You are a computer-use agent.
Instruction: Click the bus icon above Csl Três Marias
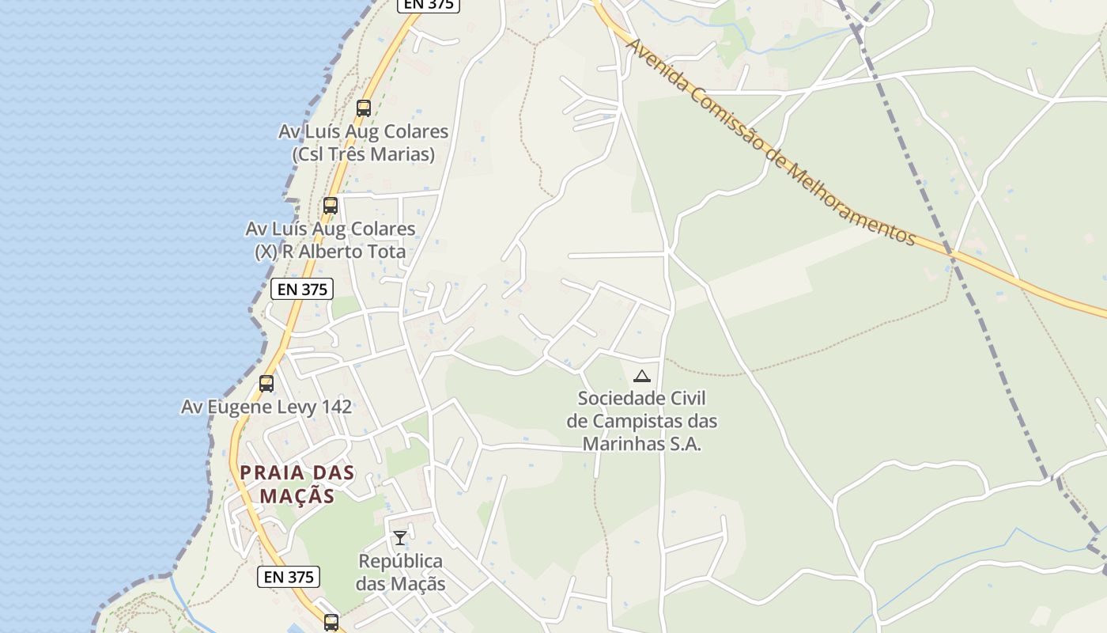pos(364,108)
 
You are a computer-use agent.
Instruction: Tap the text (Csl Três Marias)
pos(363,154)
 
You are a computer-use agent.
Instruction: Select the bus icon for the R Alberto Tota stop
pos(331,206)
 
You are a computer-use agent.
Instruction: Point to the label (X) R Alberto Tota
pos(330,252)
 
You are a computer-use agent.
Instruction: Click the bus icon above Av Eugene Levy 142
pos(266,384)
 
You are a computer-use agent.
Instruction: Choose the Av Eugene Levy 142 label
pos(266,407)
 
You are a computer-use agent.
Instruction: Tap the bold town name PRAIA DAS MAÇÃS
pos(297,484)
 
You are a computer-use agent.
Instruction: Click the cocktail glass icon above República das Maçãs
pos(400,538)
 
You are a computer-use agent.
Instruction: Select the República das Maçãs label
pos(400,573)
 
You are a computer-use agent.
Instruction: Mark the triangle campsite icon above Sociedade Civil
pos(642,377)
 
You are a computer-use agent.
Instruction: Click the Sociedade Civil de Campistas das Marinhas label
pos(642,421)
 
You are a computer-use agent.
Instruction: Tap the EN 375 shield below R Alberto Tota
pos(302,290)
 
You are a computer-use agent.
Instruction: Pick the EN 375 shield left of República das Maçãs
pos(289,577)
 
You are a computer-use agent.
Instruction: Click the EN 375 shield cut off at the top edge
pos(428,4)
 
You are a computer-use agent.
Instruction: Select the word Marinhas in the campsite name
pos(622,444)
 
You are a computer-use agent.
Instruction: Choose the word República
pos(400,562)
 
